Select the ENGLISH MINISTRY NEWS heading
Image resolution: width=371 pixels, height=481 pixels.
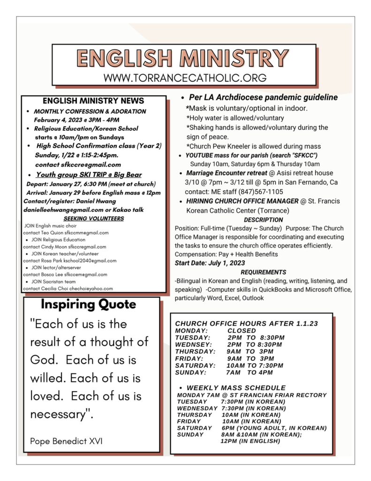coord(93,101)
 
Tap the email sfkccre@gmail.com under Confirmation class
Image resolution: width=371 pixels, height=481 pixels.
coord(78,165)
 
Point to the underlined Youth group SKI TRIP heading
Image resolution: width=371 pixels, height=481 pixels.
coord(89,175)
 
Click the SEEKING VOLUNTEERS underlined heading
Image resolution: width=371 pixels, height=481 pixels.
coord(93,218)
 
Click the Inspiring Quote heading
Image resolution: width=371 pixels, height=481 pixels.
coord(88,304)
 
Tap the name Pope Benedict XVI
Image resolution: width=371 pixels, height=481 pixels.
coord(66,441)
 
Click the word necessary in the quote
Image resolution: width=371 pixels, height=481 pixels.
coord(61,414)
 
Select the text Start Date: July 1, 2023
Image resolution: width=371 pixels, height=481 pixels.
coord(210,263)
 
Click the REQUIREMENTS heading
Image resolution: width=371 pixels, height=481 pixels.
coord(263,272)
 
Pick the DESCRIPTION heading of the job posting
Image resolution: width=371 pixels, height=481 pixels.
coord(263,219)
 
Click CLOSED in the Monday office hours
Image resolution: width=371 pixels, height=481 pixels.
coord(242,330)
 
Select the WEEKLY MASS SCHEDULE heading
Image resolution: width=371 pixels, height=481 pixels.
coord(236,388)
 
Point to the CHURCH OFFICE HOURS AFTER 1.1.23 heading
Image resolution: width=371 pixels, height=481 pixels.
coord(246,324)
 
